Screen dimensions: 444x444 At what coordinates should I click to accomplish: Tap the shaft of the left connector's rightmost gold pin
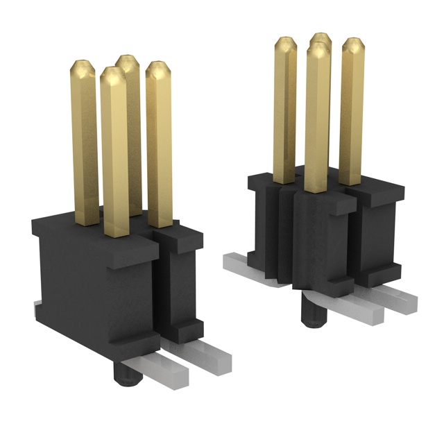tap(159, 153)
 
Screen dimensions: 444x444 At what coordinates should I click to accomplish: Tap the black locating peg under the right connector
tap(311, 311)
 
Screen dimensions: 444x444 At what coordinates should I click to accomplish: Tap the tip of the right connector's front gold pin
tap(317, 49)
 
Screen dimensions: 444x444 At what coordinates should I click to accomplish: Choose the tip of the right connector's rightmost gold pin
tap(352, 44)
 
